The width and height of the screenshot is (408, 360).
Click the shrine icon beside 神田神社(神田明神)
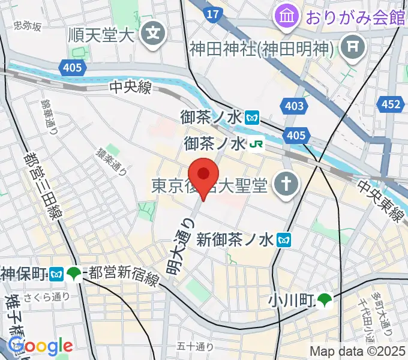click(349, 46)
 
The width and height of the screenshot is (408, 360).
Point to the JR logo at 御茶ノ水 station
click(257, 144)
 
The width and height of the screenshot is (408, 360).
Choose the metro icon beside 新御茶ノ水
click(284, 240)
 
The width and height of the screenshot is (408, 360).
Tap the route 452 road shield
click(390, 105)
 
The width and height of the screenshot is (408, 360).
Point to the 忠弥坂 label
click(28, 26)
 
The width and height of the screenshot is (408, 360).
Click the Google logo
click(40, 347)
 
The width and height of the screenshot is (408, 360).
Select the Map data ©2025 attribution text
click(356, 351)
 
